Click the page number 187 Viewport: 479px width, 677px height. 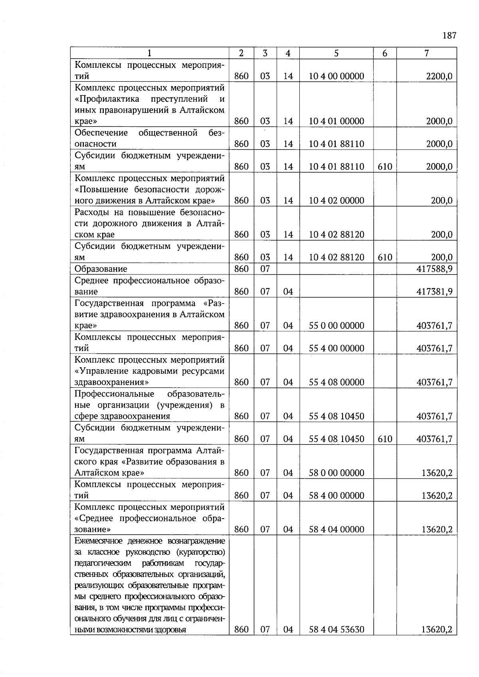[449, 36]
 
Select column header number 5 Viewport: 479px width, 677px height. [336, 53]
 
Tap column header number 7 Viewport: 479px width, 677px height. [426, 53]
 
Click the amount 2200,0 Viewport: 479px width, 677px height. [439, 76]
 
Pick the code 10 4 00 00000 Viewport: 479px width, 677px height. [336, 76]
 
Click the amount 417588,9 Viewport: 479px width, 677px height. [434, 269]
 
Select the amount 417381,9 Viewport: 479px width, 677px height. [434, 292]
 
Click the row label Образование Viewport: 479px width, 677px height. [101, 269]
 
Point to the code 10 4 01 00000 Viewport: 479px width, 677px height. [336, 121]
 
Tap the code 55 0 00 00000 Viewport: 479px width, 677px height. [336, 326]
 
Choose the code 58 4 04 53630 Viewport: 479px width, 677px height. [336, 630]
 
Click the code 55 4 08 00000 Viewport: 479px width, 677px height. [336, 382]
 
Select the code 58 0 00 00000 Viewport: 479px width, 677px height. [336, 473]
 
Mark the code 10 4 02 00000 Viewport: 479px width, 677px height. [336, 201]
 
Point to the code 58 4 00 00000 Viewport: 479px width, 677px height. [336, 495]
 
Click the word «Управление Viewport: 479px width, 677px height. [99, 371]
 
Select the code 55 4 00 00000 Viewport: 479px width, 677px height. [336, 348]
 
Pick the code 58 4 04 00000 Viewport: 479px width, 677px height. [336, 529]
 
